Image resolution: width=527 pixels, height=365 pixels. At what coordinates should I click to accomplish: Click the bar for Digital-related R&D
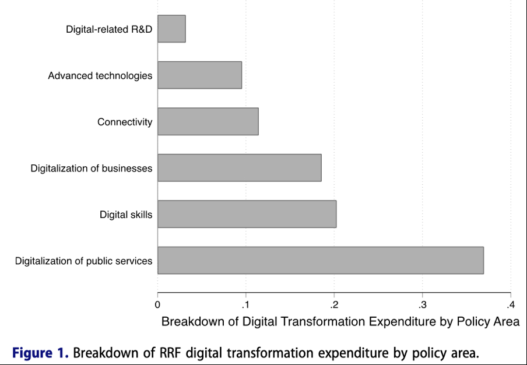(x=171, y=29)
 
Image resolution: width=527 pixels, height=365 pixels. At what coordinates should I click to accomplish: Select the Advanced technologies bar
(x=199, y=75)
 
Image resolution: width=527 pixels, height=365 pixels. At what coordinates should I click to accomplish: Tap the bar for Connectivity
(x=208, y=121)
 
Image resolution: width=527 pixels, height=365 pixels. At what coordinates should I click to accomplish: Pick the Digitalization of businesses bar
(x=239, y=168)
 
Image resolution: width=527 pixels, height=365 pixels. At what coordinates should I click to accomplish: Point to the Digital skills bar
(x=247, y=214)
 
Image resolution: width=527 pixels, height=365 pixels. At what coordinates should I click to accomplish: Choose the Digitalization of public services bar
(x=320, y=260)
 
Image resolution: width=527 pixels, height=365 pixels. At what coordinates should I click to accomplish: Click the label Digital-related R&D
(x=109, y=29)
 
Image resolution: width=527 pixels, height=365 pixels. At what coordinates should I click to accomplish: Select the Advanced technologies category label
(x=100, y=76)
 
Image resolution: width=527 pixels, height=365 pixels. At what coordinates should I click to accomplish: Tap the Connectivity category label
(x=125, y=122)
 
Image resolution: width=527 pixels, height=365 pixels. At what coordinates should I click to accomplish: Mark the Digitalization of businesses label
(x=92, y=169)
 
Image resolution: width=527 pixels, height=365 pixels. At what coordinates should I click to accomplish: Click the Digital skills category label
(x=126, y=215)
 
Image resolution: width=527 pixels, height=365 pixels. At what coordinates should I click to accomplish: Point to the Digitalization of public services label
(x=83, y=261)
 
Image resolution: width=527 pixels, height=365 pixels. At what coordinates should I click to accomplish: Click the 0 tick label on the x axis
(x=157, y=304)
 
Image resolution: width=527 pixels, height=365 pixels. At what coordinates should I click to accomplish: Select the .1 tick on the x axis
(x=245, y=304)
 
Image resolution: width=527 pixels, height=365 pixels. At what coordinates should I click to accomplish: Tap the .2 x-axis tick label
(x=333, y=304)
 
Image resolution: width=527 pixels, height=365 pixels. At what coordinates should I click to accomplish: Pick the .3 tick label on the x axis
(x=421, y=304)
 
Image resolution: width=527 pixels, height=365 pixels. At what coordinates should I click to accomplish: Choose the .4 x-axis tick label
(x=510, y=304)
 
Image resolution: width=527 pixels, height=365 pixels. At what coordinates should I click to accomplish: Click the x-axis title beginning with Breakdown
(x=340, y=322)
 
